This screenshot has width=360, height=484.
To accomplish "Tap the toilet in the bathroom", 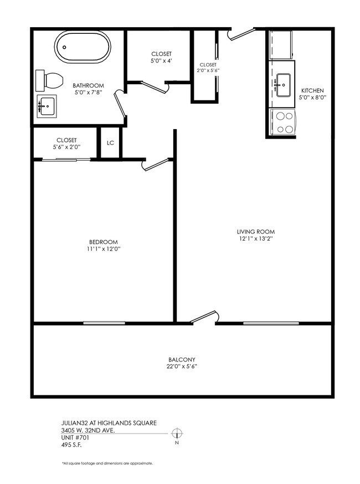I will (x=48, y=81).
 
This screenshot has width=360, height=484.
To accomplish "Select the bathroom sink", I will (x=47, y=105).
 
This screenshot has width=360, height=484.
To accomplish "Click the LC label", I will (x=110, y=143).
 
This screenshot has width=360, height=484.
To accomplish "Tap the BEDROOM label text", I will (x=104, y=242).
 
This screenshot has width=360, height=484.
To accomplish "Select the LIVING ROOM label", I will (x=256, y=232).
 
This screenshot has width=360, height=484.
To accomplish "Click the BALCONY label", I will (x=182, y=359).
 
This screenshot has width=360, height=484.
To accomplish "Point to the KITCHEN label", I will (x=312, y=91).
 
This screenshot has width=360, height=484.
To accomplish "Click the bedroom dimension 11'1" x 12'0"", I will (x=104, y=249).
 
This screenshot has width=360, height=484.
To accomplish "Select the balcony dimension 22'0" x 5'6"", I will (x=182, y=367).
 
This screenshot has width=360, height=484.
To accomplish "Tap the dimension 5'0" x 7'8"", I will (x=89, y=93).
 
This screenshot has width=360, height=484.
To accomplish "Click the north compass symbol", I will (x=177, y=434).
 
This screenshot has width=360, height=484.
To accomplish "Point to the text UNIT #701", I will (x=75, y=437).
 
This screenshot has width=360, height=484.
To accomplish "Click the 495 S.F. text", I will (x=73, y=444).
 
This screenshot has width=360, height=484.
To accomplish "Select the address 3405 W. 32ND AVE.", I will (x=88, y=430).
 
